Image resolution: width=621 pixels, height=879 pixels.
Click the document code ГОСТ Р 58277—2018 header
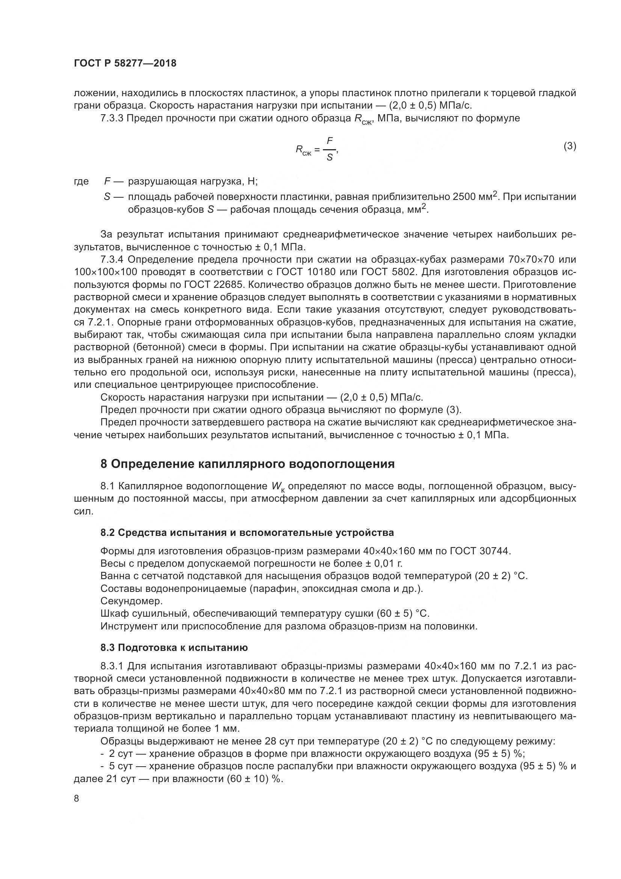pyautogui.click(x=125, y=64)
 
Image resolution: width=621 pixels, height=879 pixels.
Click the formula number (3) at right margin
pyautogui.click(x=570, y=146)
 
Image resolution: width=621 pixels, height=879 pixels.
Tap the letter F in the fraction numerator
pyautogui.click(x=330, y=141)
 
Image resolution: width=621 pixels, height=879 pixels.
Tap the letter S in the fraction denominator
pyautogui.click(x=329, y=157)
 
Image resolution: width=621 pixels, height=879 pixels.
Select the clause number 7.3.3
pyautogui.click(x=112, y=118)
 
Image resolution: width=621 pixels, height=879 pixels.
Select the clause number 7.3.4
pyautogui.click(x=112, y=260)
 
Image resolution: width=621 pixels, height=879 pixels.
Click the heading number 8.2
pyautogui.click(x=108, y=533)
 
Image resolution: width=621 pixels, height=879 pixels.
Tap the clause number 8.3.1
pyautogui.click(x=112, y=666)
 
